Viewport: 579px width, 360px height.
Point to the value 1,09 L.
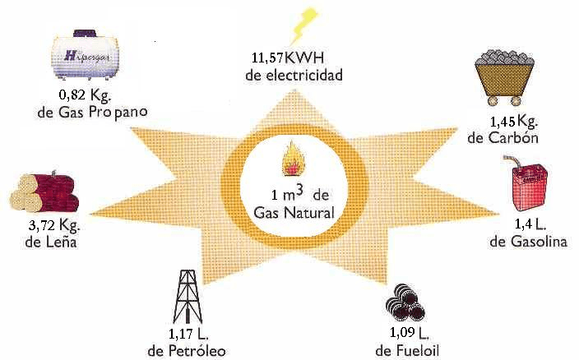[x=409, y=334]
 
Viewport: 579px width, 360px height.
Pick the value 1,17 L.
[x=188, y=334]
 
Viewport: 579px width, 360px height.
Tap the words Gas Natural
[x=294, y=214]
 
